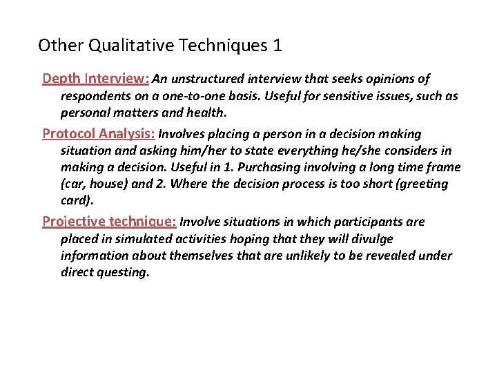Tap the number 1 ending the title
pos(277,46)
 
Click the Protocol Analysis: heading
pos(99,133)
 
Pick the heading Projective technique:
pos(109,221)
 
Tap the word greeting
pos(421,184)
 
